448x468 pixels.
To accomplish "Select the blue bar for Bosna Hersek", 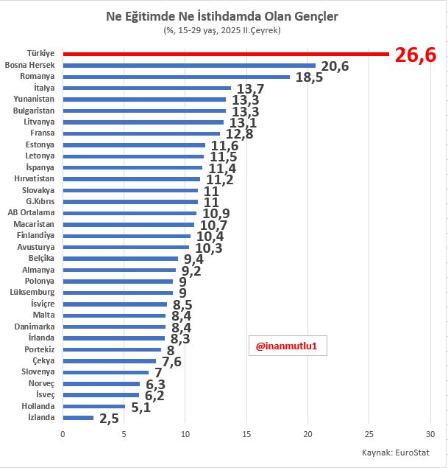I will coord(189,66).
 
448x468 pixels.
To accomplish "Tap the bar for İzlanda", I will coord(78,418).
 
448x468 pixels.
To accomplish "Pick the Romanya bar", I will coord(176,77).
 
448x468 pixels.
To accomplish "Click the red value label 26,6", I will coord(416,55).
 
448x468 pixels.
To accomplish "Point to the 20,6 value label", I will coord(334,66).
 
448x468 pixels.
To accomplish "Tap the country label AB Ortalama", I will coord(31,212).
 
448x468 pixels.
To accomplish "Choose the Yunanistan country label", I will coord(34,99).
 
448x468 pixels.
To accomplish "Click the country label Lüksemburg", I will coord(34,293).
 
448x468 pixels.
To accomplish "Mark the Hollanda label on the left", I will coord(38,406).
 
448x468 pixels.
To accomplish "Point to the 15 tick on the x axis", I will coord(246,434).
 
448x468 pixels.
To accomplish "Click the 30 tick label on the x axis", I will coord(430,434).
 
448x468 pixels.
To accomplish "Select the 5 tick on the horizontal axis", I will coord(124,434).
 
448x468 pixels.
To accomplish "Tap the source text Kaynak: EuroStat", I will coord(395,453).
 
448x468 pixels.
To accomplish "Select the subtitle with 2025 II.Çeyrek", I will coord(222,30).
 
